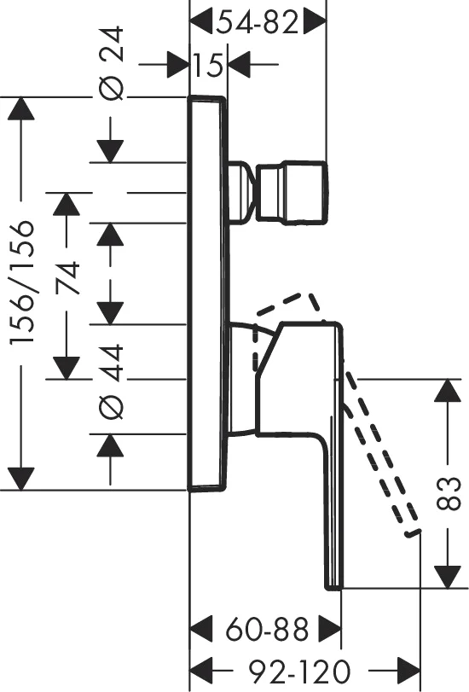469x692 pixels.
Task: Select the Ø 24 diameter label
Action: pos(110,63)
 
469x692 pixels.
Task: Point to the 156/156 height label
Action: pos(21,282)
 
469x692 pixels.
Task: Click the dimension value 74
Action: pos(67,278)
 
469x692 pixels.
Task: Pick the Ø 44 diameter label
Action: pos(110,382)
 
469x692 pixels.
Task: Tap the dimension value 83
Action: pos(449,493)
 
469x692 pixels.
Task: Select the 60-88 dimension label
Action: pos(267,630)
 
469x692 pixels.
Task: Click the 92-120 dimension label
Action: pos(299,672)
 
